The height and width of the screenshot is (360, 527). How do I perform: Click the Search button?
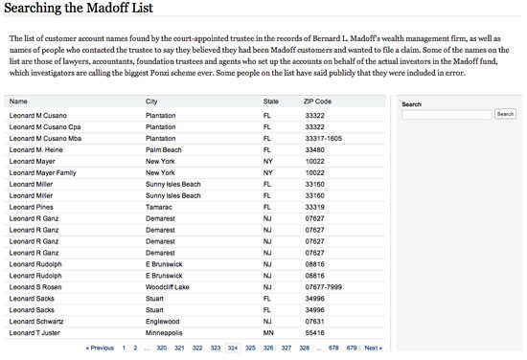click(505, 114)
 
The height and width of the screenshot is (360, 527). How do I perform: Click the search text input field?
click(447, 114)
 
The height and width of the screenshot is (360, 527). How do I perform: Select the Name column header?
click(18, 101)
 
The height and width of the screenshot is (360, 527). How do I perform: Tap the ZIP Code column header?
click(317, 101)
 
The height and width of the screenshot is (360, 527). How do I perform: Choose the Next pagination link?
click(373, 348)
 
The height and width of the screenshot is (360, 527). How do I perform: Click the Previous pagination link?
click(100, 348)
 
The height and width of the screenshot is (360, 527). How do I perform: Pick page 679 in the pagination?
click(352, 348)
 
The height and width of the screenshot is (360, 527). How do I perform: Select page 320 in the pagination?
click(162, 348)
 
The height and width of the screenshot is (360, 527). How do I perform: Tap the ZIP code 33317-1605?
click(323, 138)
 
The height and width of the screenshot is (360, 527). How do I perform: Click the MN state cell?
click(268, 333)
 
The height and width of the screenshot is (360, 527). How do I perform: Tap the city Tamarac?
click(159, 207)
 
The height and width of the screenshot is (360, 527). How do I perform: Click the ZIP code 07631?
click(313, 322)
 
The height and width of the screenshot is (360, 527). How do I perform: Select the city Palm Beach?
click(163, 149)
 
